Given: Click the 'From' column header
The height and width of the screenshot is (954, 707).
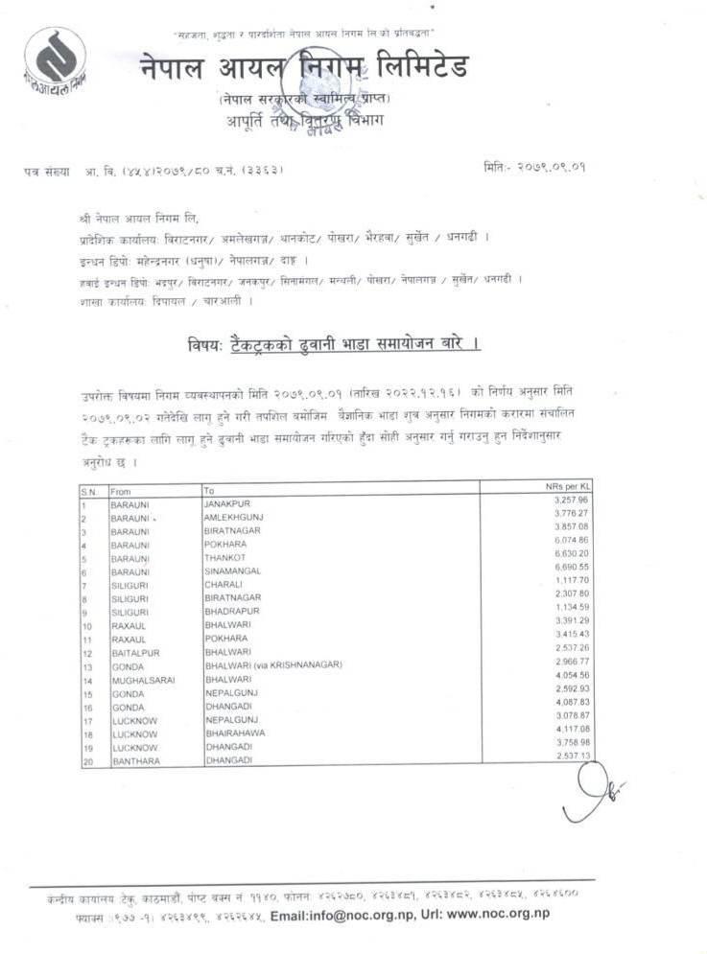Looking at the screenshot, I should [x=121, y=491].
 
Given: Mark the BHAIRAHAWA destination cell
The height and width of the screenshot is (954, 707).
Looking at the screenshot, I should [x=235, y=734].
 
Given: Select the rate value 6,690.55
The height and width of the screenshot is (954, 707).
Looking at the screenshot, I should [x=571, y=568].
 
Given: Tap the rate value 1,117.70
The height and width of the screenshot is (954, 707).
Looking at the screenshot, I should [x=571, y=581].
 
